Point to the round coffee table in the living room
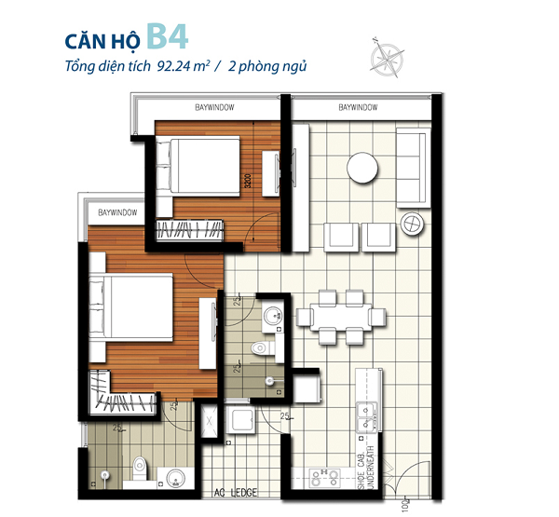click(363, 169)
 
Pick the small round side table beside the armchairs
click(412, 224)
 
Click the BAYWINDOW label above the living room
click(358, 109)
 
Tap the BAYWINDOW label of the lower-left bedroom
click(117, 213)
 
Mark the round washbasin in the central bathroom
click(273, 317)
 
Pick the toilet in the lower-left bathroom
click(137, 465)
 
